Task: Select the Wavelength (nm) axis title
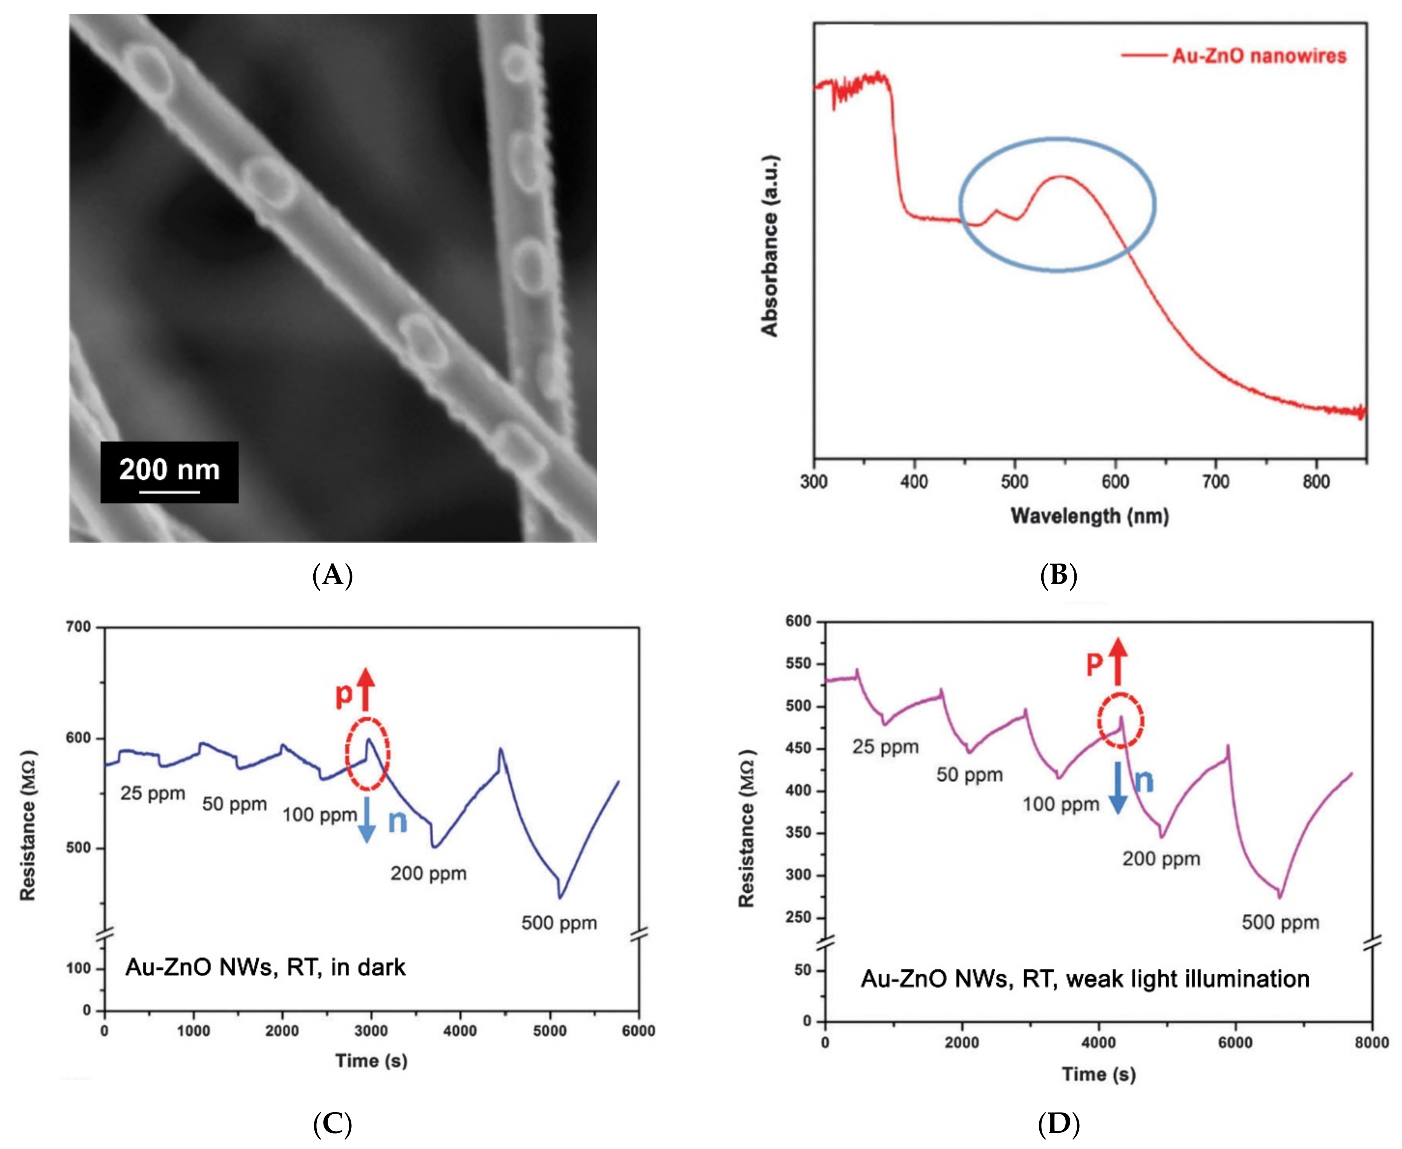pos(1089,516)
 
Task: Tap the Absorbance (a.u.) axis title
pos(770,246)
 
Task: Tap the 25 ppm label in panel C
pos(153,793)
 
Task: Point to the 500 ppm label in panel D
pos(1280,922)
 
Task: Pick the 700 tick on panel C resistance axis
pos(78,627)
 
